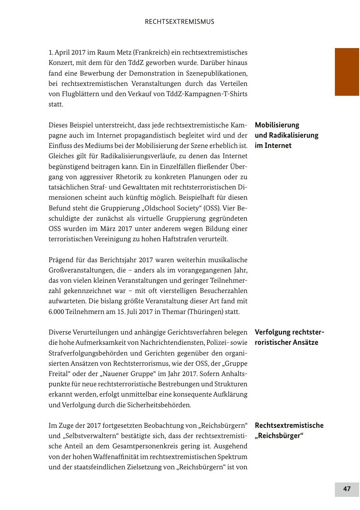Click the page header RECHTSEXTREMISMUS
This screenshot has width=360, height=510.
click(x=179, y=22)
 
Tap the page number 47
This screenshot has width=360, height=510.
click(x=347, y=489)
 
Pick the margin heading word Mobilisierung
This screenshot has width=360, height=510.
click(x=277, y=125)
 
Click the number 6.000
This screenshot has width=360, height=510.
click(x=57, y=312)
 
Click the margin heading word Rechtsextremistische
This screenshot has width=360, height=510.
click(x=289, y=425)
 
